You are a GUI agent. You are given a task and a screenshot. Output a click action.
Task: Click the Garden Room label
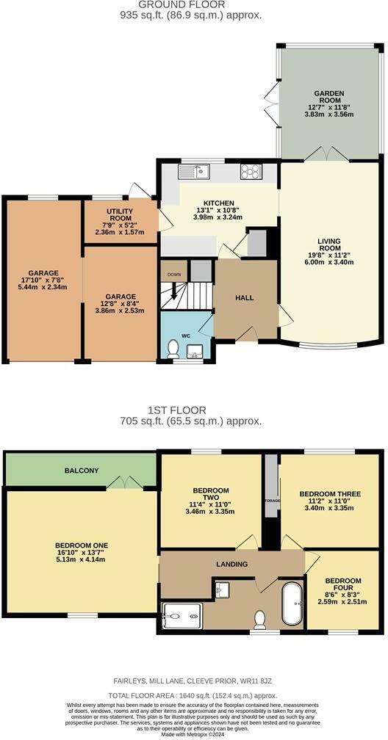pos(329,92)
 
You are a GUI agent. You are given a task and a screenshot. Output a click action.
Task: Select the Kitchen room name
pos(218,203)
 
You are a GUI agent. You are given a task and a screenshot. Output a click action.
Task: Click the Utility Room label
pos(120,214)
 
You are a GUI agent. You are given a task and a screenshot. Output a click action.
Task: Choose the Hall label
pos(244,297)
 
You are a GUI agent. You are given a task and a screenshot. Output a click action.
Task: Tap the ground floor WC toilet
pos(173,348)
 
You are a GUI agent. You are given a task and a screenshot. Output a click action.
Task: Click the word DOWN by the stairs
pos(173,275)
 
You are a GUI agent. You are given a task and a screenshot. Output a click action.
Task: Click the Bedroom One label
pos(81,545)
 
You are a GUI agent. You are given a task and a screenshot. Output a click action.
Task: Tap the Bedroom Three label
pos(330,494)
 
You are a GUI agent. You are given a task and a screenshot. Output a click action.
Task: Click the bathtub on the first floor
pos(291,603)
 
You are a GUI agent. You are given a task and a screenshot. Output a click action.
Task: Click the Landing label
pos(231,564)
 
